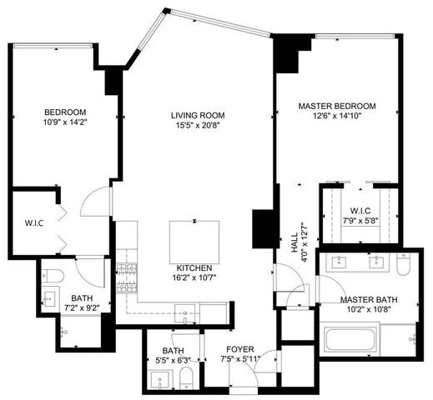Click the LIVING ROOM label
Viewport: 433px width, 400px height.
[x=197, y=115]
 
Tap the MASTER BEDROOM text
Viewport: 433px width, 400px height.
[x=337, y=106]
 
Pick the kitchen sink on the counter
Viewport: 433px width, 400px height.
[x=189, y=307]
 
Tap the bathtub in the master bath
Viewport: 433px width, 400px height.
[x=350, y=340]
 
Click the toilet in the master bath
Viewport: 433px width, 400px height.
[x=402, y=266]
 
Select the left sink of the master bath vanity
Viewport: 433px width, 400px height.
[x=341, y=265]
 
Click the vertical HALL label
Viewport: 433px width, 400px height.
[x=294, y=242]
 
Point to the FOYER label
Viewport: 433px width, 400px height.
[x=239, y=349]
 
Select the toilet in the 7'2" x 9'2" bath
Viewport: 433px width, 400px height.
[x=50, y=276]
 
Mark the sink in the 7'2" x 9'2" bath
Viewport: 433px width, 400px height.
[x=49, y=297]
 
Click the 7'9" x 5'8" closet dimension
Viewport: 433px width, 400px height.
[x=361, y=221]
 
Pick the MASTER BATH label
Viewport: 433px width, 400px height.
[x=368, y=300]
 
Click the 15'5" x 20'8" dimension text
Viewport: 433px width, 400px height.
[x=197, y=127]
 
